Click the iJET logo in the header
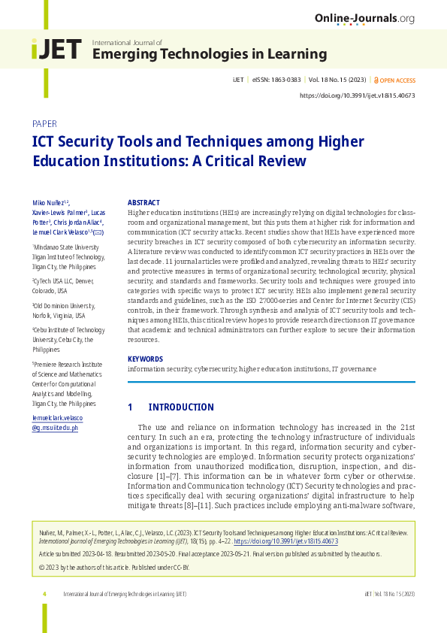[x=56, y=50]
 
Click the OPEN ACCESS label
[x=397, y=80]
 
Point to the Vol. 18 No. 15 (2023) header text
[x=336, y=80]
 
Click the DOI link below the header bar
[x=357, y=95]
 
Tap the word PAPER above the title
[x=44, y=123]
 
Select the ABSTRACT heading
[x=143, y=203]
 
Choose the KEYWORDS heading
[x=146, y=359]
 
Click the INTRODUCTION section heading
[x=181, y=407]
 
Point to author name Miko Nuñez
[x=49, y=203]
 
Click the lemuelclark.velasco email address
[x=57, y=417]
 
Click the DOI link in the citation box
[x=285, y=541]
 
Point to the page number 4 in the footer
[x=44, y=594]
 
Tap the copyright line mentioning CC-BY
[x=113, y=567]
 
